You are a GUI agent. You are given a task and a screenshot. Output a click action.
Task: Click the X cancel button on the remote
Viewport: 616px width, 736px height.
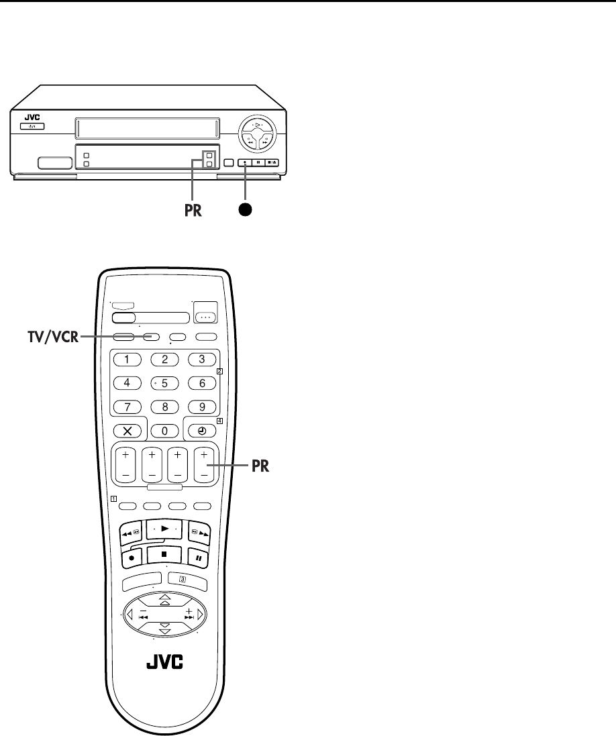click(x=127, y=429)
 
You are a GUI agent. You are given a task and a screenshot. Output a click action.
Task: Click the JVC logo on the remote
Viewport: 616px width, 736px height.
click(x=165, y=666)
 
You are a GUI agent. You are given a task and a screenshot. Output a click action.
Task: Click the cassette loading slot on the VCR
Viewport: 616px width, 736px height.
click(x=148, y=127)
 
